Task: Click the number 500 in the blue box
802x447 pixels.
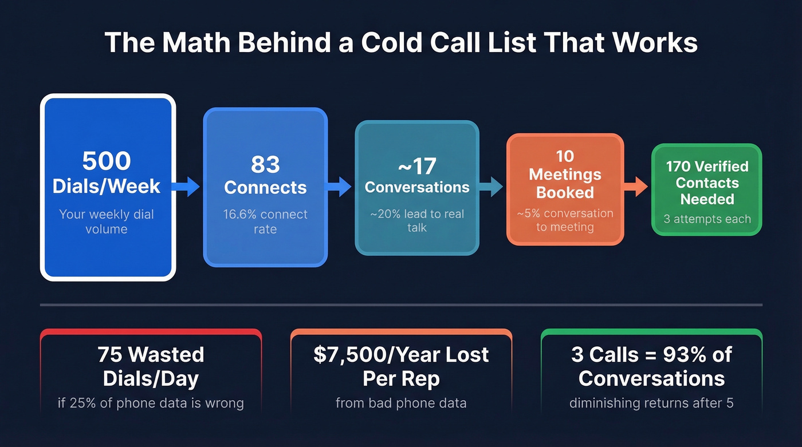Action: [107, 161]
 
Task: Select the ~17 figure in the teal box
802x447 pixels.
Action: [416, 167]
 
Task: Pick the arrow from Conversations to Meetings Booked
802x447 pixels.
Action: [492, 186]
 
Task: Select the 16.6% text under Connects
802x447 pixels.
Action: [242, 215]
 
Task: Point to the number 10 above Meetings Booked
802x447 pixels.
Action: [564, 156]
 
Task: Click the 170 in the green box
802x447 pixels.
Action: [679, 167]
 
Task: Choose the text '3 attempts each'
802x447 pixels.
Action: [707, 219]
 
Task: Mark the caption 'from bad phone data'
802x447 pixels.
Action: [401, 403]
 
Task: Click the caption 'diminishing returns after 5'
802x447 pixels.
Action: [651, 403]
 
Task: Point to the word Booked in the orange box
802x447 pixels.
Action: [564, 192]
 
